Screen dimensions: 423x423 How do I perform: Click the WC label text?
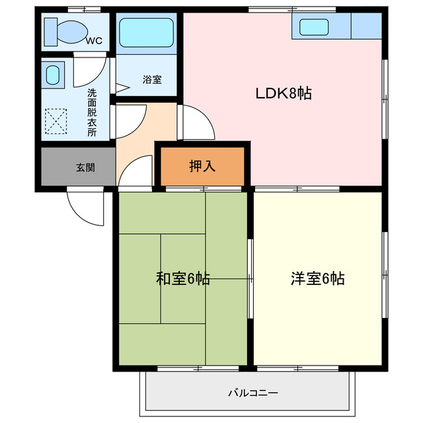[94, 41]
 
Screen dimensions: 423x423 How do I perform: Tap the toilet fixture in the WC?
[65, 30]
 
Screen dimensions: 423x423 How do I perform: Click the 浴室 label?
[151, 80]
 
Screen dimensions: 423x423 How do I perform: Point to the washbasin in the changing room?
[54, 75]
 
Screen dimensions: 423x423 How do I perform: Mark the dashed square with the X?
[56, 122]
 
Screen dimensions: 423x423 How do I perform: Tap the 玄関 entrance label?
[85, 167]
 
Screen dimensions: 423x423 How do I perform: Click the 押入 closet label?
[202, 167]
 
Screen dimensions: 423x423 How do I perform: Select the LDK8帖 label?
[284, 94]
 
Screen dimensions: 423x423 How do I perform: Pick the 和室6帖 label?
[182, 278]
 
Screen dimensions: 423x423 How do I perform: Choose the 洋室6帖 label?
[317, 278]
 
